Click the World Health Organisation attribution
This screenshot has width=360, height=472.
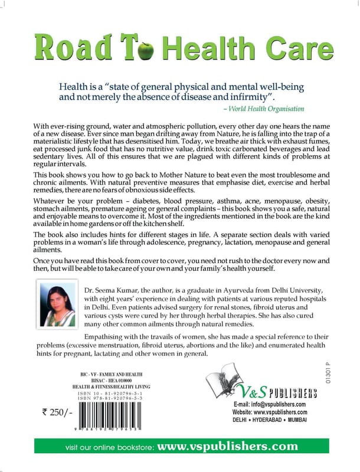click(265, 109)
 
